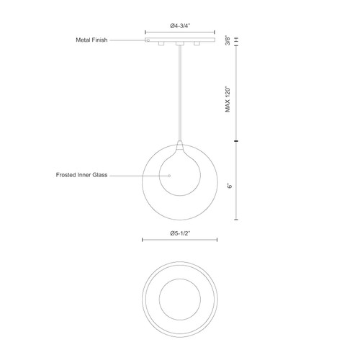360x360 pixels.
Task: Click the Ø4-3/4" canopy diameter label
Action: pos(179,26)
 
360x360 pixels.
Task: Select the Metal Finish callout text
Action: pos(92,40)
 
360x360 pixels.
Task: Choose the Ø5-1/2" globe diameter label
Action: pos(179,233)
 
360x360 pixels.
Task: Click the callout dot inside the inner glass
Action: pos(169,174)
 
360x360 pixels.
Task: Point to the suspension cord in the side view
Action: pos(179,94)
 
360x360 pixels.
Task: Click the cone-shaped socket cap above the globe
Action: pos(179,144)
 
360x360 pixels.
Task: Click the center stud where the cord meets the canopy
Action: pos(179,45)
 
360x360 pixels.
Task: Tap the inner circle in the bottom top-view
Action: pos(179,297)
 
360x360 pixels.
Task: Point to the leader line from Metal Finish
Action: pos(130,40)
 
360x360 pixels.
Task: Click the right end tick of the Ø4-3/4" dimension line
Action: pos(214,32)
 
